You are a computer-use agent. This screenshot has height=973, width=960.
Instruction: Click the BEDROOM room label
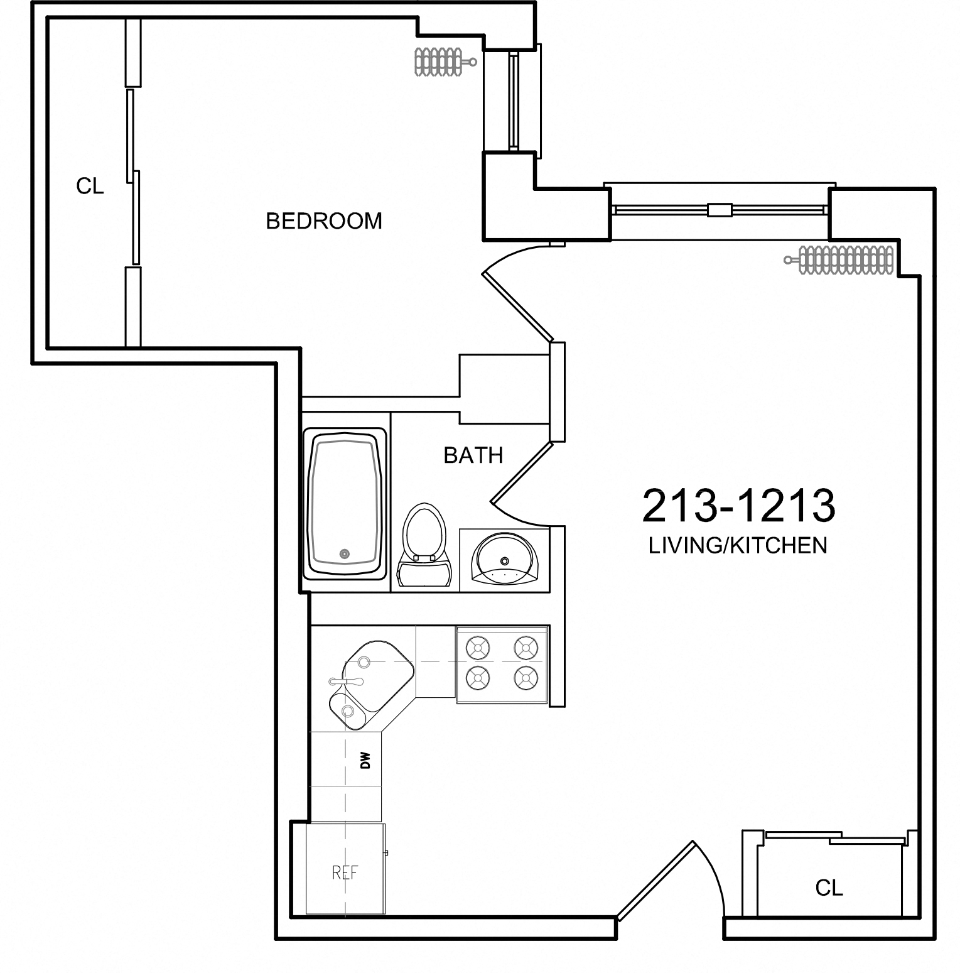[x=324, y=221]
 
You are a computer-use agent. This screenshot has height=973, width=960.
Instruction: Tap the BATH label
[x=473, y=455]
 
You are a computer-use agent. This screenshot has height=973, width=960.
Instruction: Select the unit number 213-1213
[x=738, y=506]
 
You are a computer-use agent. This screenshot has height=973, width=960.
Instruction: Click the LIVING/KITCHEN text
[x=738, y=545]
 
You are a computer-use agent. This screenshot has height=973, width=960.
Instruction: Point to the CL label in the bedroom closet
[x=90, y=187]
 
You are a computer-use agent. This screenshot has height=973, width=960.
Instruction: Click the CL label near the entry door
[x=829, y=888]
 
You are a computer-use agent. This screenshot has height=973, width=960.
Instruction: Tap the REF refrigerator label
[x=345, y=872]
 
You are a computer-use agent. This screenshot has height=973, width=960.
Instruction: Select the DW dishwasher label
[x=366, y=761]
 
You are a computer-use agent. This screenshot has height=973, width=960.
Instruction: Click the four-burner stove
[x=502, y=663]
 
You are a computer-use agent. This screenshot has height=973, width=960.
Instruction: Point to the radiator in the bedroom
[x=440, y=62]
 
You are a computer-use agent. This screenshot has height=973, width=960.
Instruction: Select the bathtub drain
[x=344, y=553]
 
